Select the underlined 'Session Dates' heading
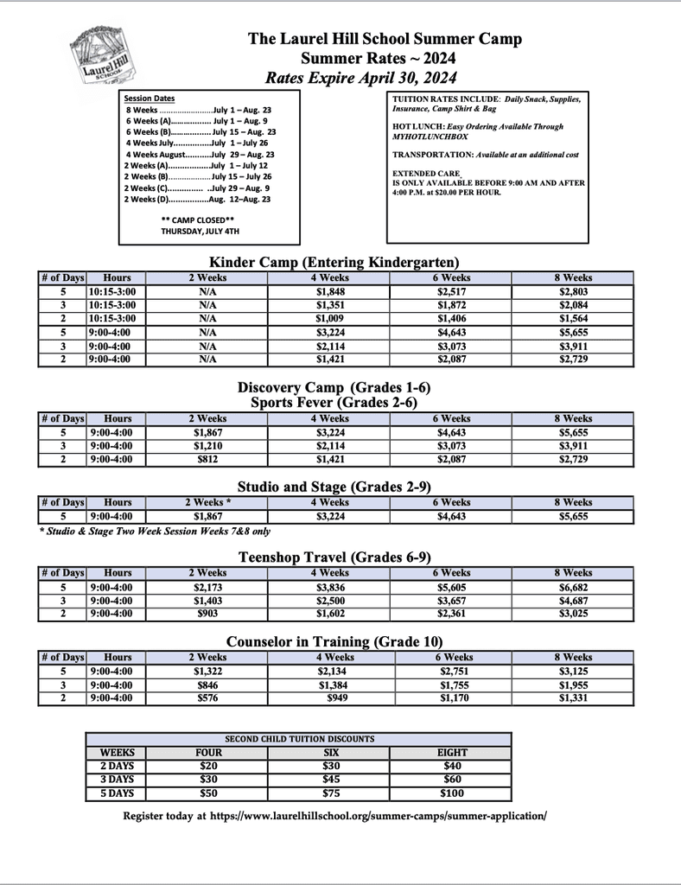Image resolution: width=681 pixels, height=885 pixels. pyautogui.click(x=150, y=99)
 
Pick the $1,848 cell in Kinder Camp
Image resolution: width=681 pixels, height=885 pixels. pyautogui.click(x=330, y=292)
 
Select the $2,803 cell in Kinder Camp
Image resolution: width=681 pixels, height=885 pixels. pyautogui.click(x=574, y=292)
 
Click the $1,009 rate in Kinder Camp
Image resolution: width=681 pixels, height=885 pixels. pyautogui.click(x=330, y=319)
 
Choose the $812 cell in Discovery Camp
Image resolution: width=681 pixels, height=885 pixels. pyautogui.click(x=207, y=460)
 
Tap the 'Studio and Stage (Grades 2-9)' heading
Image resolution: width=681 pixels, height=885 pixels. pyautogui.click(x=334, y=487)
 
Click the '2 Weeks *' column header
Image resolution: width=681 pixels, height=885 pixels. pyautogui.click(x=207, y=502)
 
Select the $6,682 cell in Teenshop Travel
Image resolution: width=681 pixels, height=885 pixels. pyautogui.click(x=574, y=587)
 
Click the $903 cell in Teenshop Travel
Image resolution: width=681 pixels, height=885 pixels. pyautogui.click(x=207, y=614)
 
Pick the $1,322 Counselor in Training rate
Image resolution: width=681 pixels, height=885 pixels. pyautogui.click(x=207, y=671)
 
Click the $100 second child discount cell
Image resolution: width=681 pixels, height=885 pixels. pyautogui.click(x=451, y=793)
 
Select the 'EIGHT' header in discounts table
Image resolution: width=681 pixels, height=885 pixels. pyautogui.click(x=451, y=752)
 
